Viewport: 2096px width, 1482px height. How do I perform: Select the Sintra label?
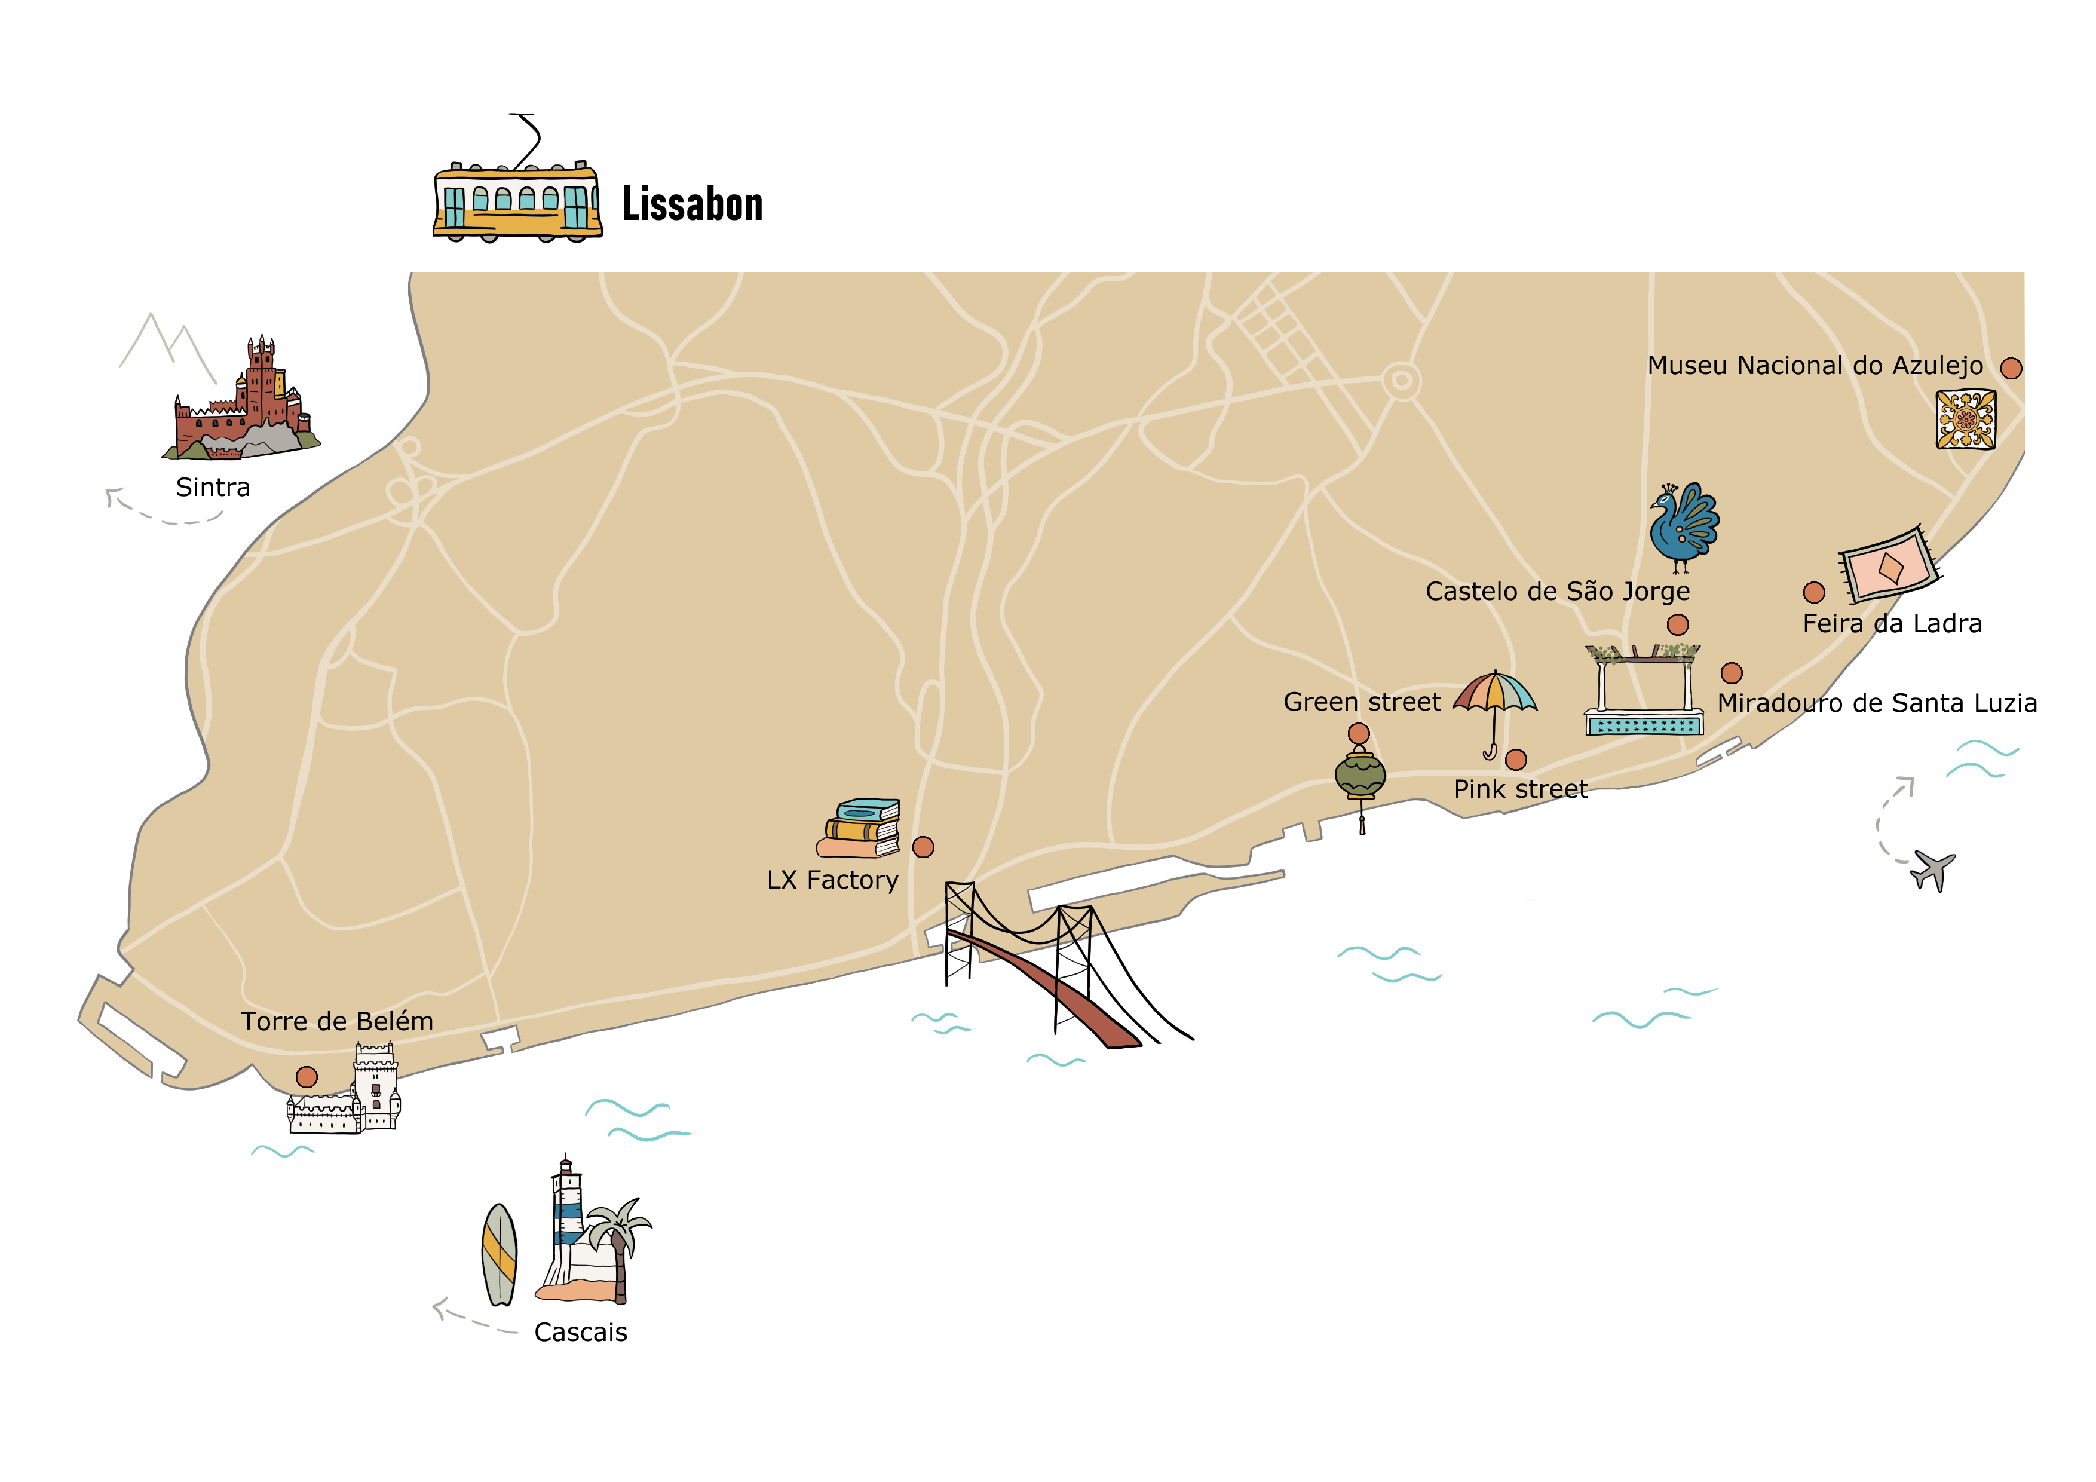click(213, 488)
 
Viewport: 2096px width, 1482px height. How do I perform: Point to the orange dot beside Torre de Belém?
click(307, 1077)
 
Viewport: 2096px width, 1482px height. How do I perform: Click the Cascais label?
click(581, 1332)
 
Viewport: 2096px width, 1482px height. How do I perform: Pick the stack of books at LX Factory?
click(860, 829)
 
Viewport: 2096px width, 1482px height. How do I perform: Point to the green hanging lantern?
click(1360, 776)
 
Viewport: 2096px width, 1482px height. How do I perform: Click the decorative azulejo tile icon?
click(1966, 419)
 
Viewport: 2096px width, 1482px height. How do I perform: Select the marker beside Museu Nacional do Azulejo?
click(2011, 368)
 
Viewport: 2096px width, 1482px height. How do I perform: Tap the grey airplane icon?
click(1933, 869)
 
